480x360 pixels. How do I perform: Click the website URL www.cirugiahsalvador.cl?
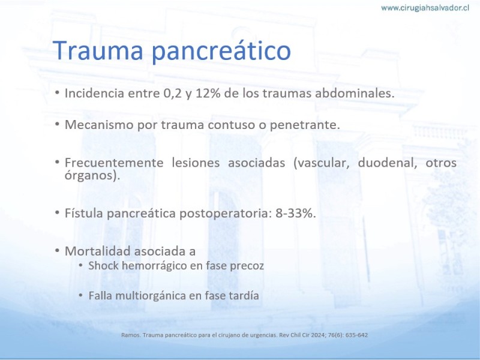click(425, 8)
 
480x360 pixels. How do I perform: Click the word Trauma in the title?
click(98, 50)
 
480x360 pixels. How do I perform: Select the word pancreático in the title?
click(221, 52)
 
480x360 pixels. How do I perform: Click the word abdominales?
click(355, 93)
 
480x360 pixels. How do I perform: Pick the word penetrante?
click(305, 125)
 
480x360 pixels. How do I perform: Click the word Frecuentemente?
click(114, 162)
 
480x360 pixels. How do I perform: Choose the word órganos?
click(91, 175)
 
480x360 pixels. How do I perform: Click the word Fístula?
click(84, 213)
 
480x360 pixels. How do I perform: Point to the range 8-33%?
click(295, 214)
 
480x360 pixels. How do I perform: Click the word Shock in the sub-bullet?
click(103, 265)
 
